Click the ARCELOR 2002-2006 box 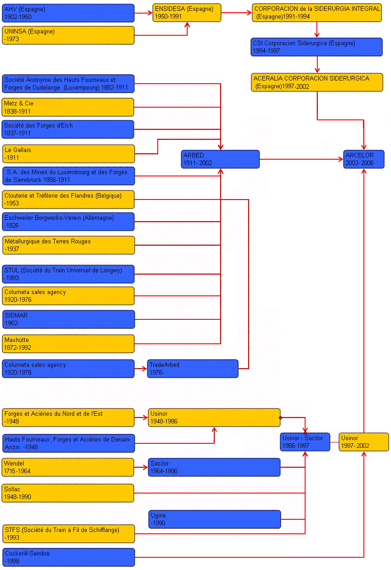point(363,159)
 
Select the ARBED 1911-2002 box point(220,159)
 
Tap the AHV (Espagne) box point(68,13)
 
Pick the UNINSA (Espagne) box point(68,35)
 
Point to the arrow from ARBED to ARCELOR point(301,159)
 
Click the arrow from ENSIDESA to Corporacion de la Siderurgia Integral point(236,13)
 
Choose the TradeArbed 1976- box point(193,369)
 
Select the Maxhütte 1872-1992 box point(68,344)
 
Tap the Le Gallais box point(68,154)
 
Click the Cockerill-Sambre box point(68,557)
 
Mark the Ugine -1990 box point(214,519)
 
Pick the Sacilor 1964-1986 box point(214,467)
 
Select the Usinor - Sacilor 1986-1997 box point(305,442)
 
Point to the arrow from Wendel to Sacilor point(141,467)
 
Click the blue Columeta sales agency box point(68,369)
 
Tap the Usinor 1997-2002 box point(363,442)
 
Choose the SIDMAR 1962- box point(68,319)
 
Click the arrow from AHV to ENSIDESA point(143,13)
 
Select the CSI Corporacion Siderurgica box point(317,47)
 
